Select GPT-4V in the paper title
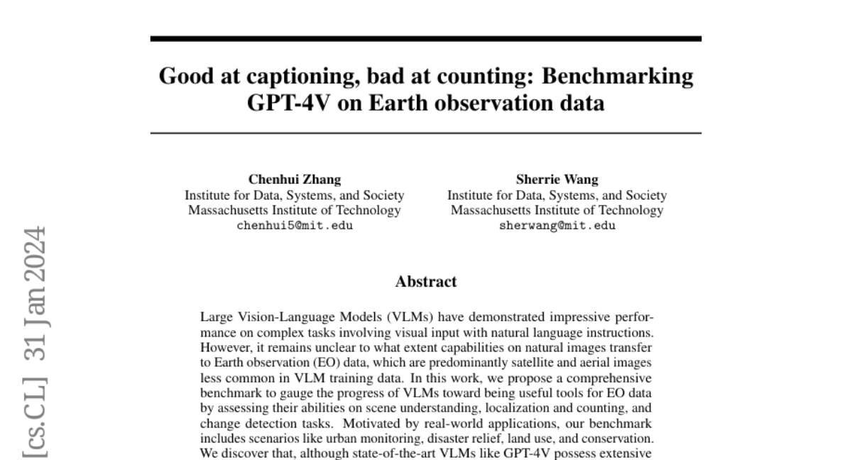click(283, 104)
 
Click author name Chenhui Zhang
click(294, 180)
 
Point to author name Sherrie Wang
click(557, 180)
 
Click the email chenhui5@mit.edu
click(294, 226)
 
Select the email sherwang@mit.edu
click(557, 226)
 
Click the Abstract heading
click(426, 282)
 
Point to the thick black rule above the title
click(426, 38)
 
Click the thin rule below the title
click(426, 133)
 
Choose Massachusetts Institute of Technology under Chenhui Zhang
click(294, 210)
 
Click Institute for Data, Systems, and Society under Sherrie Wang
click(557, 195)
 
